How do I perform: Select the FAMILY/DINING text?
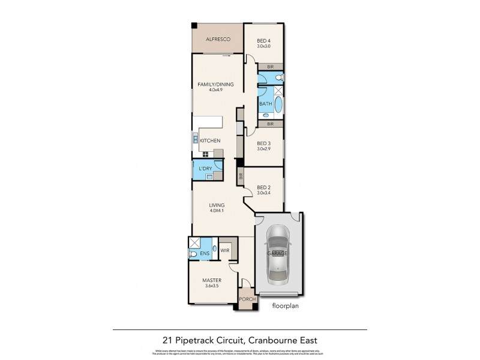coord(215,84)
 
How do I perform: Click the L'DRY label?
coord(206,169)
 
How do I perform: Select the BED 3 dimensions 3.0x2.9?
coord(264,150)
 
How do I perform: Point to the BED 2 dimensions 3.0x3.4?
coord(264,193)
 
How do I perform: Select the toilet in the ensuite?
coord(193,254)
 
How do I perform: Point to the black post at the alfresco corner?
coord(194,25)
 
